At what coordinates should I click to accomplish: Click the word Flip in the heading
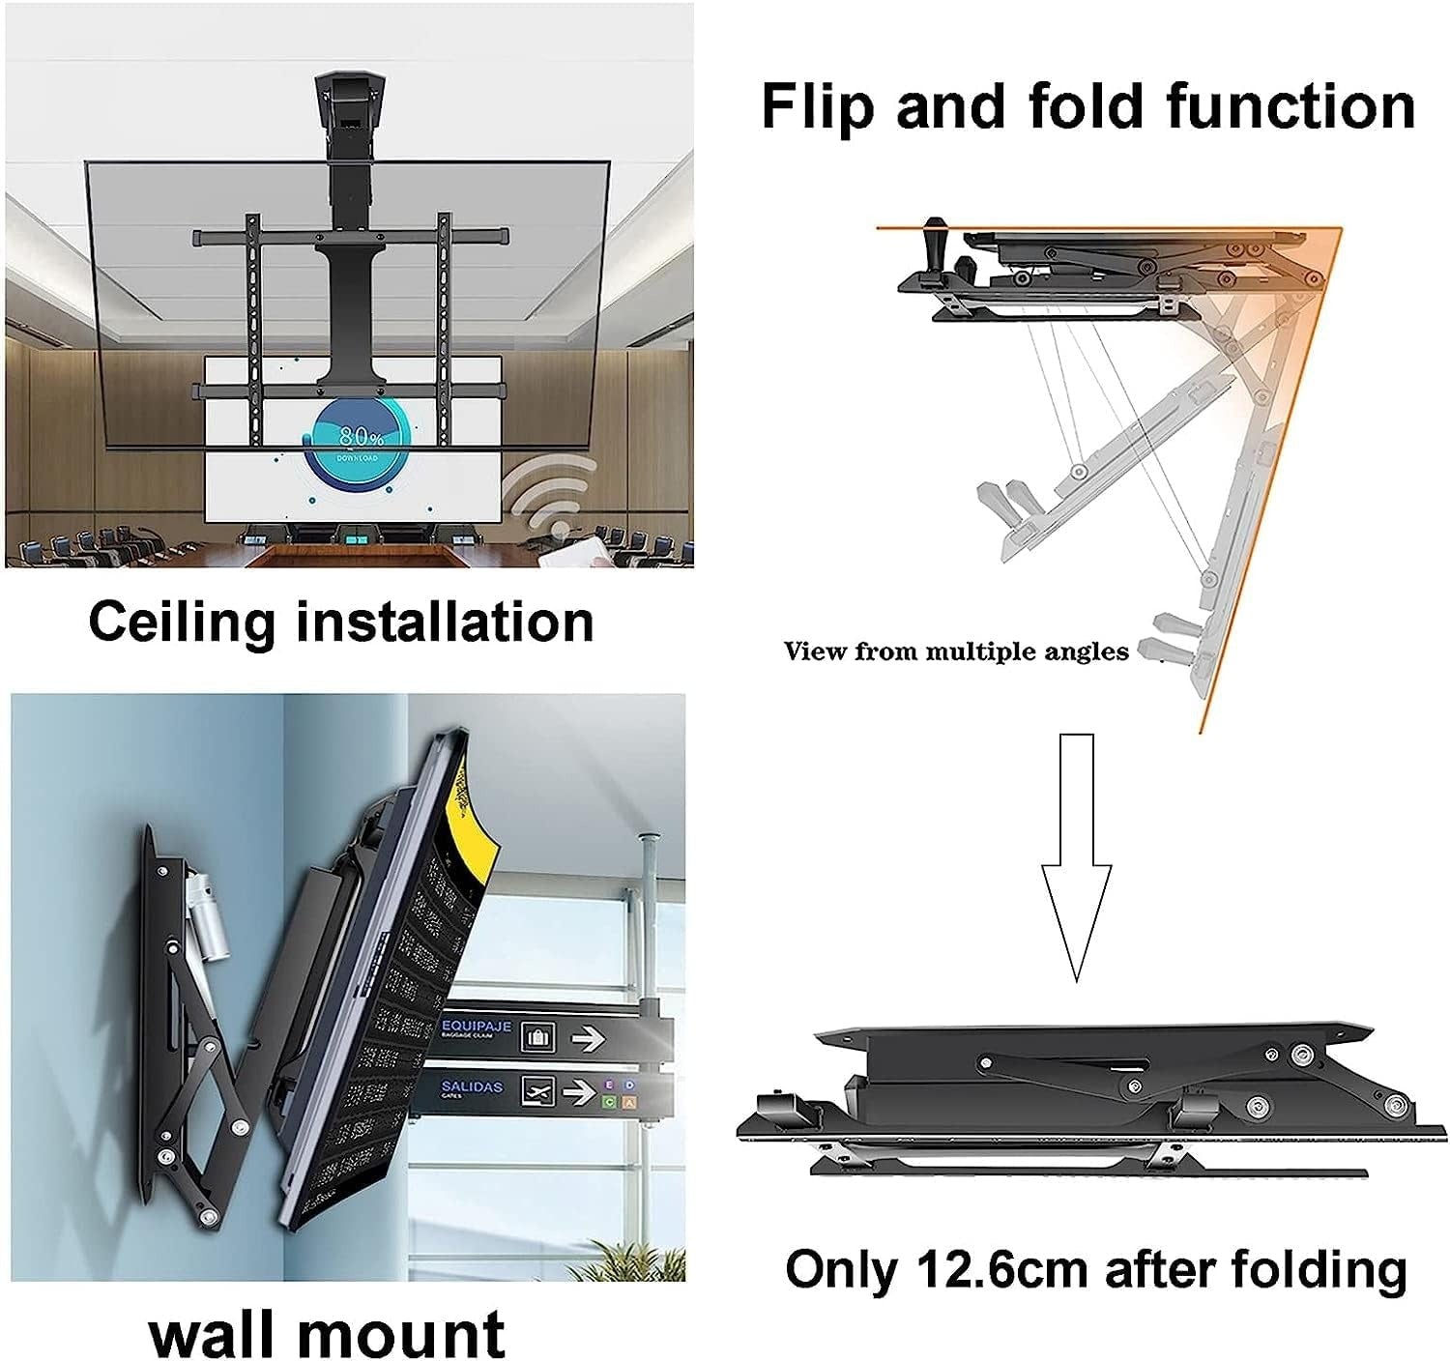[819, 106]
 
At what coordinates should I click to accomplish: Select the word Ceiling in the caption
[181, 622]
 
